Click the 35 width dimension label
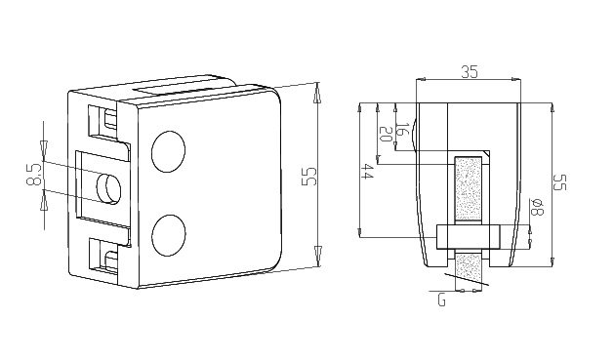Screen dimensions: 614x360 point(470,71)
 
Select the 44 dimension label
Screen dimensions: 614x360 point(367,172)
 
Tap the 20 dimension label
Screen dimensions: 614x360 point(387,135)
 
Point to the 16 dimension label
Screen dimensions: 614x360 point(403,129)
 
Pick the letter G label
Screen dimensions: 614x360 point(441,300)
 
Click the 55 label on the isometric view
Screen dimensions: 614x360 point(308,177)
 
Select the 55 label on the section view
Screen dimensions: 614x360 point(559,182)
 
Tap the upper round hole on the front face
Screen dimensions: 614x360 point(168,152)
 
